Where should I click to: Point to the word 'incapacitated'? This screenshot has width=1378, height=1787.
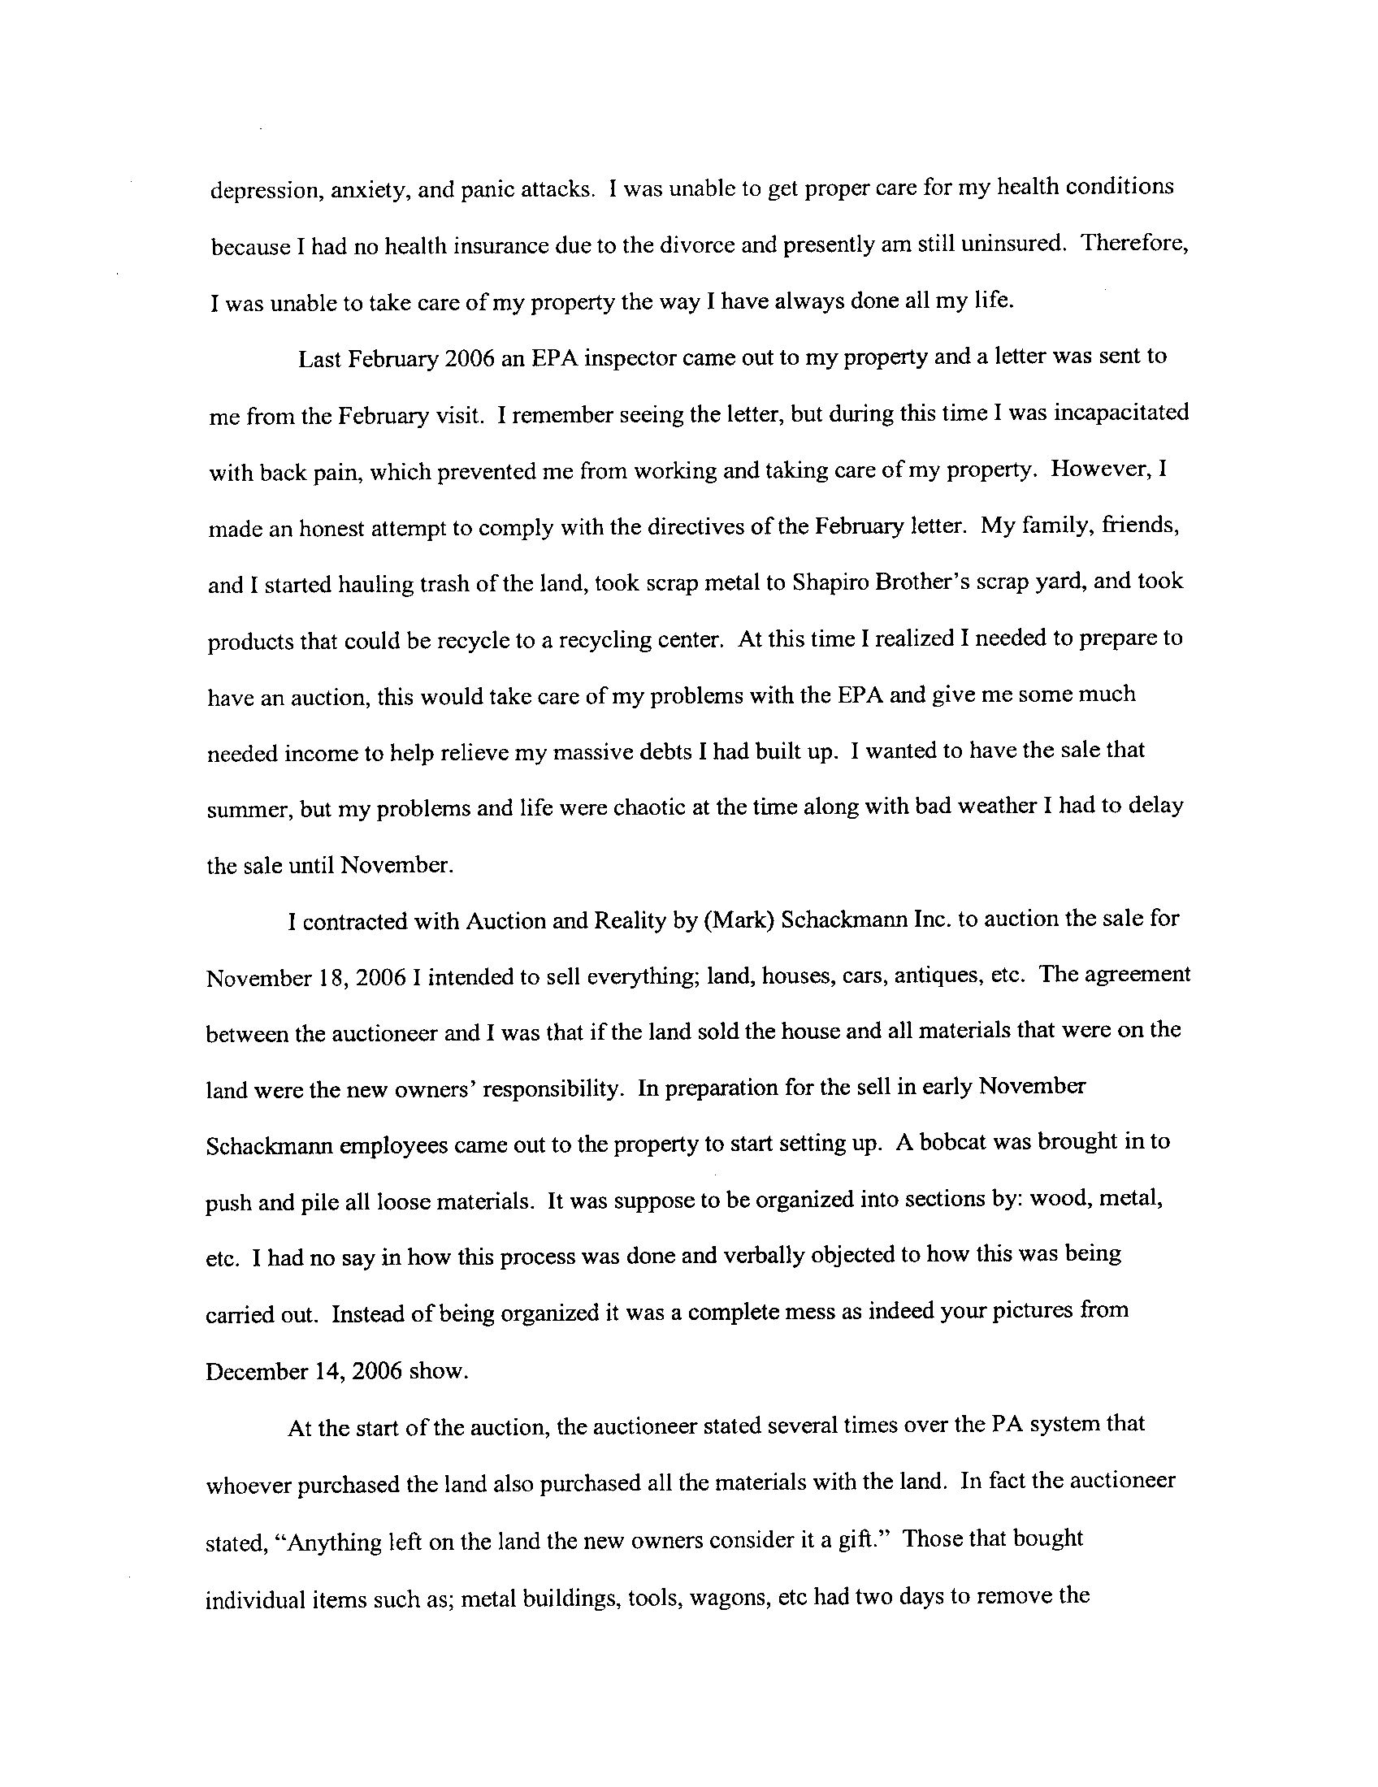tap(1121, 413)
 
